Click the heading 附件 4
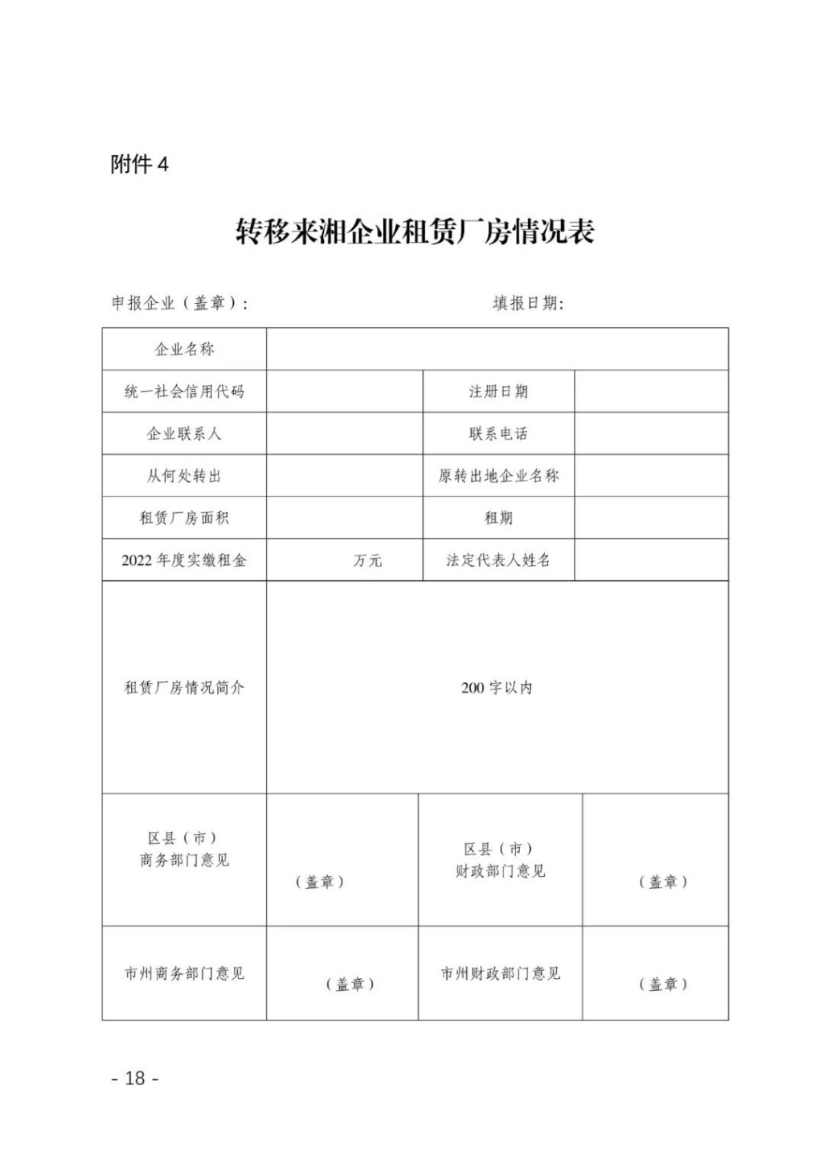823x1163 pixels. pos(139,165)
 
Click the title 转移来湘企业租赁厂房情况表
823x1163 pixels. pos(415,232)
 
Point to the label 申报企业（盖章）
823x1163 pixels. pos(179,303)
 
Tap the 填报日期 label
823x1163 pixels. pos(528,303)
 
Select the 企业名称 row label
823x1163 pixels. pos(184,350)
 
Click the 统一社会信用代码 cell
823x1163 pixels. pos(184,391)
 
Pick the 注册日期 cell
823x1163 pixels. pos(498,391)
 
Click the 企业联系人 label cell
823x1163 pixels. pos(184,434)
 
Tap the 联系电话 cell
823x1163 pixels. pos(498,434)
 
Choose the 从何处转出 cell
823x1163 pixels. pos(184,476)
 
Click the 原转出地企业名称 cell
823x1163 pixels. pos(498,476)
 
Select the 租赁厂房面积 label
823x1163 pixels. pos(184,518)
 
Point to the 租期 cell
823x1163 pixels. pos(498,518)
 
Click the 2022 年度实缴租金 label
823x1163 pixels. pos(184,560)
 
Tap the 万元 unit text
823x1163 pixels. pos(367,560)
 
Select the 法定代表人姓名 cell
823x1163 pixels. pos(498,560)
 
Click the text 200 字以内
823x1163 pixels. pos(497,688)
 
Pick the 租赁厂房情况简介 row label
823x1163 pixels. pos(184,688)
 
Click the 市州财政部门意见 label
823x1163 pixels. pos(500,973)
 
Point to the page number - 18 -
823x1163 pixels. pos(135,1078)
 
